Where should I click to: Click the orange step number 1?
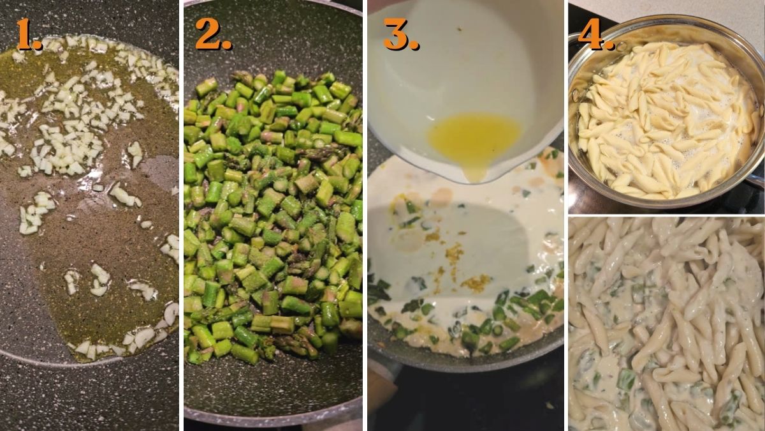pyautogui.click(x=28, y=35)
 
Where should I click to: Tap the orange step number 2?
pyautogui.click(x=212, y=35)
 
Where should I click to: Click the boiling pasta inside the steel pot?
pyautogui.click(x=663, y=121)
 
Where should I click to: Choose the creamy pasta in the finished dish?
pyautogui.click(x=666, y=326)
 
